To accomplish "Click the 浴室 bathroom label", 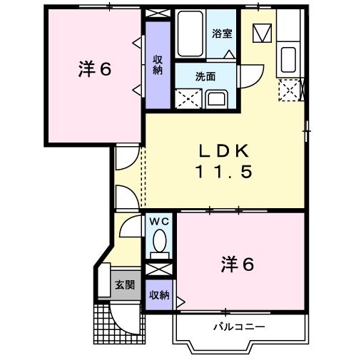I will [221, 33].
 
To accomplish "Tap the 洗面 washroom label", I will [205, 76].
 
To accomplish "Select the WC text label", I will [159, 222].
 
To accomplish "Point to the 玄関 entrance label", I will [125, 285].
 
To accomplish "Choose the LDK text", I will [223, 151].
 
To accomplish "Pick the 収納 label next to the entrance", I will [159, 294].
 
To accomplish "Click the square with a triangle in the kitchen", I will [262, 33].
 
